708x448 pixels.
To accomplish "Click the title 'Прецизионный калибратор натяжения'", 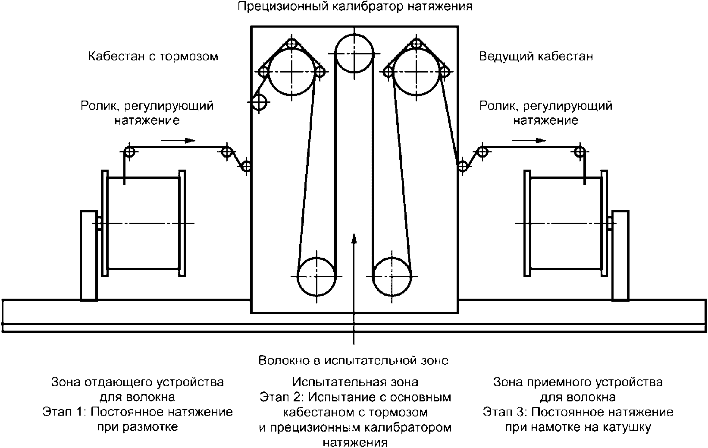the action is click(x=355, y=6).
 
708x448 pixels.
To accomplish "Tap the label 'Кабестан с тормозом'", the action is click(x=154, y=56).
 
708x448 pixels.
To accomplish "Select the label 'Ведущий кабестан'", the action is click(x=536, y=56).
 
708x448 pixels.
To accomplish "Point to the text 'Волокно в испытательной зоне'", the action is click(x=354, y=360).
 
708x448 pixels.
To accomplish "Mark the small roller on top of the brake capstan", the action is click(x=292, y=43).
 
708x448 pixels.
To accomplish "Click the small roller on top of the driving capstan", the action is click(x=416, y=43).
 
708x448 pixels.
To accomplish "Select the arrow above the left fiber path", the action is click(x=178, y=140).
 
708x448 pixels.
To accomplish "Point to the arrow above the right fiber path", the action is click(x=529, y=140).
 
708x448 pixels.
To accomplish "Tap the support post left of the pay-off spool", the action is click(x=88, y=256).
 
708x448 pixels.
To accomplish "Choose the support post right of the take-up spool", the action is click(x=620, y=256).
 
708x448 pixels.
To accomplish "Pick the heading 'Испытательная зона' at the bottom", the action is click(x=355, y=382).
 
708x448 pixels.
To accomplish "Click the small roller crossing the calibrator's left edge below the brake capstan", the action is click(x=259, y=102).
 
